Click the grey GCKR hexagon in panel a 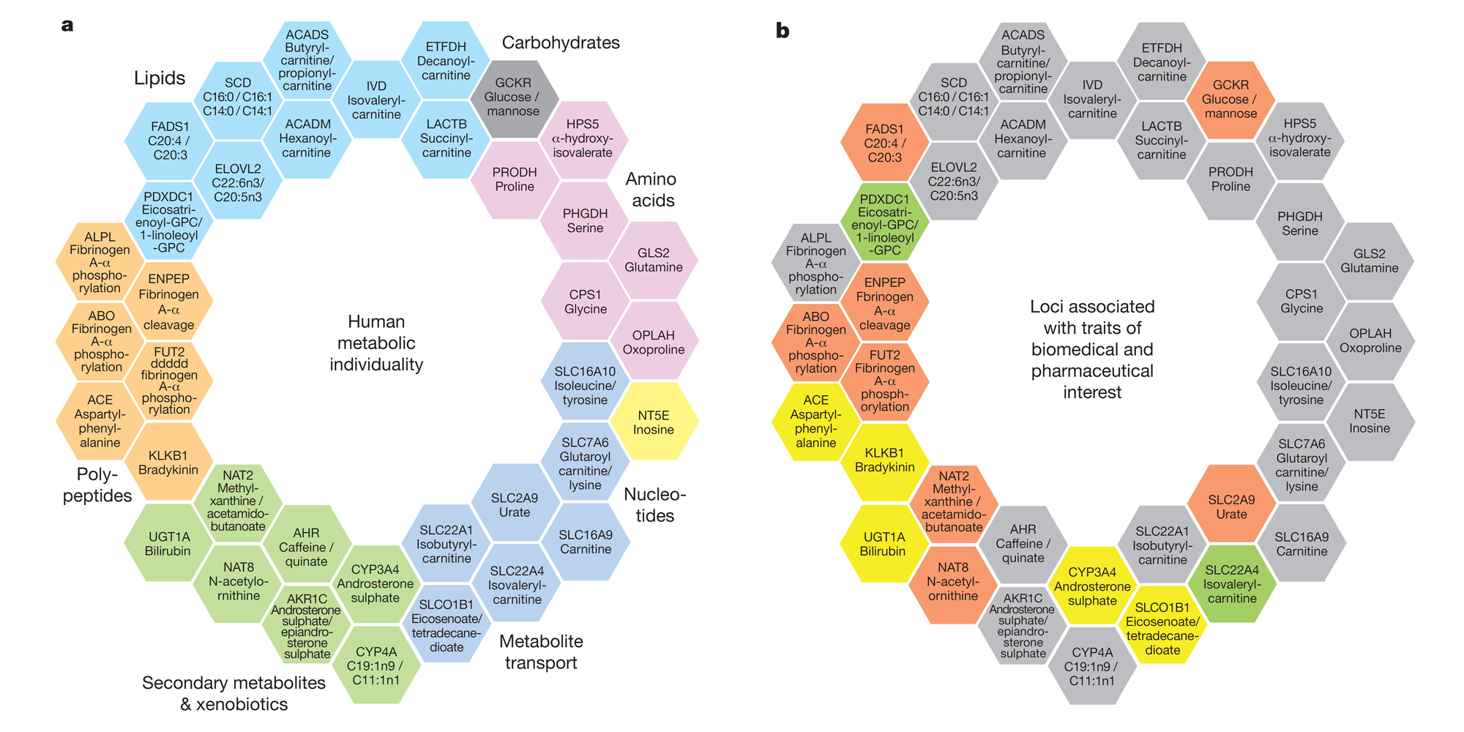[513, 97]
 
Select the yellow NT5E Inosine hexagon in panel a [654, 422]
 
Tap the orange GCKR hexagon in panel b [1230, 100]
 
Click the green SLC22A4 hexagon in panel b [1232, 584]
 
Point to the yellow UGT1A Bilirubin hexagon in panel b [883, 544]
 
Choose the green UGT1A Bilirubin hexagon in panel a [168, 544]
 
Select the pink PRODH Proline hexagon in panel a [515, 179]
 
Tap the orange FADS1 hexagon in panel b [884, 143]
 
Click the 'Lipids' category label [160, 78]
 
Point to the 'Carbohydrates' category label [561, 42]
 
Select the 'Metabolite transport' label [541, 652]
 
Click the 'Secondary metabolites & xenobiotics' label [234, 693]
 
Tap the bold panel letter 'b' [783, 31]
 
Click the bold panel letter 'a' [67, 26]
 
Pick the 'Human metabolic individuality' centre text [376, 343]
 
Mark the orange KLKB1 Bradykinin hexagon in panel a [168, 463]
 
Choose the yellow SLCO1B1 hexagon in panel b [1162, 628]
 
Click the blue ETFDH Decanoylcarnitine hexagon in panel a [446, 61]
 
